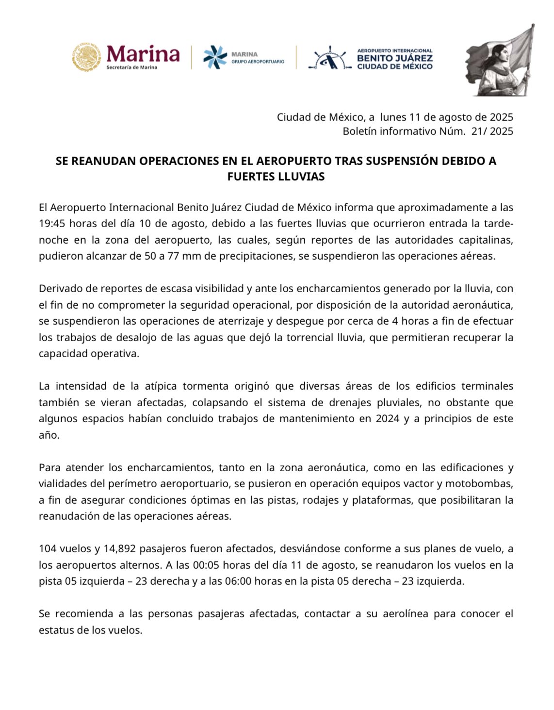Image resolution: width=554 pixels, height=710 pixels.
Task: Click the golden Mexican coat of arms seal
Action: click(87, 57)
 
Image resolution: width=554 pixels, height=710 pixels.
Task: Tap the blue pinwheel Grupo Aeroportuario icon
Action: click(215, 57)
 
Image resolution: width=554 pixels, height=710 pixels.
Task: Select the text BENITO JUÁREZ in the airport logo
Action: click(394, 58)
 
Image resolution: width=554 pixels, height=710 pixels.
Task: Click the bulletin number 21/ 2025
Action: click(492, 131)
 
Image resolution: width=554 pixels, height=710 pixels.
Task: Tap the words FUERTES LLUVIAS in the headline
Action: click(276, 176)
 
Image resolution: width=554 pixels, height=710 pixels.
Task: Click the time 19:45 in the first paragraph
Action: click(52, 224)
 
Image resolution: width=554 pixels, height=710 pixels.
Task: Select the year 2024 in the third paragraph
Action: click(388, 418)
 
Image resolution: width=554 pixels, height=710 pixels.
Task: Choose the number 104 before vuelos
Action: click(48, 548)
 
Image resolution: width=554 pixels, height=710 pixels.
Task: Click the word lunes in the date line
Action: click(393, 117)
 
